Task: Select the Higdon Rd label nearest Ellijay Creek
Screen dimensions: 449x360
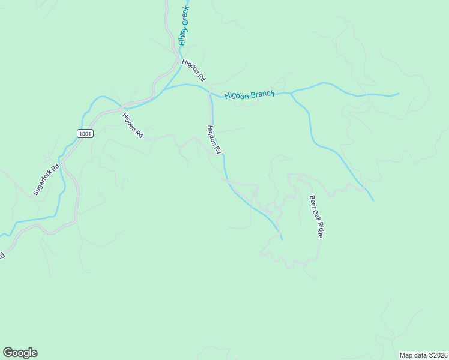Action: (x=194, y=70)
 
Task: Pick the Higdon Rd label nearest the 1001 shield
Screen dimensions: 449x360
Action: (x=132, y=126)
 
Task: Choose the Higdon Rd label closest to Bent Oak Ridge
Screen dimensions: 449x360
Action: (x=215, y=140)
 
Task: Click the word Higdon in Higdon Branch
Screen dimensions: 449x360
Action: (x=238, y=95)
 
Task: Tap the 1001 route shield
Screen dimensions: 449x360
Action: (x=85, y=133)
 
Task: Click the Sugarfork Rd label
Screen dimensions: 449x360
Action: (x=47, y=179)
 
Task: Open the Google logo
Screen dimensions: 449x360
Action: (x=20, y=353)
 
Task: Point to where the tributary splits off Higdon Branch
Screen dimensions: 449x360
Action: (x=292, y=94)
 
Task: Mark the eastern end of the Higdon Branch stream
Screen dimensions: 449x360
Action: (x=398, y=94)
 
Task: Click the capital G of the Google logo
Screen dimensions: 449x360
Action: (x=8, y=353)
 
